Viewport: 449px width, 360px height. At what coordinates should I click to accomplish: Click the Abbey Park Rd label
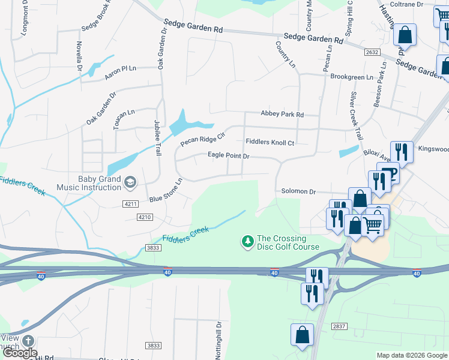[x=282, y=114]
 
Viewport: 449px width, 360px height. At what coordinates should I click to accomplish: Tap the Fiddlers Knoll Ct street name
[x=270, y=142]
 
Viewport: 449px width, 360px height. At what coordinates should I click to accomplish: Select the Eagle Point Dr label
[x=228, y=155]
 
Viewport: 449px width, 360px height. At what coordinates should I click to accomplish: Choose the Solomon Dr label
[x=298, y=191]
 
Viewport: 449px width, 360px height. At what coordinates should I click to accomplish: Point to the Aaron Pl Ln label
[x=121, y=68]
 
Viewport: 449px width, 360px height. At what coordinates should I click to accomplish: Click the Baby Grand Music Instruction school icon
[x=130, y=181]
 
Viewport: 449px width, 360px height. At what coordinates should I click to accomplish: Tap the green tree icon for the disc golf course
[x=247, y=241]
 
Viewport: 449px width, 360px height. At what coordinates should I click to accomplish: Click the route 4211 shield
[x=130, y=204]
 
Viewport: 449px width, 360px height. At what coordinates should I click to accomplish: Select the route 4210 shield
[x=145, y=217]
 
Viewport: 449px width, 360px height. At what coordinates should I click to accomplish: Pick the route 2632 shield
[x=372, y=53]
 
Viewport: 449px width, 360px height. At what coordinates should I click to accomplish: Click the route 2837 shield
[x=338, y=326]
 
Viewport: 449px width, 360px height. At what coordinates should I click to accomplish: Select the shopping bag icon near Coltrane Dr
[x=405, y=35]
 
